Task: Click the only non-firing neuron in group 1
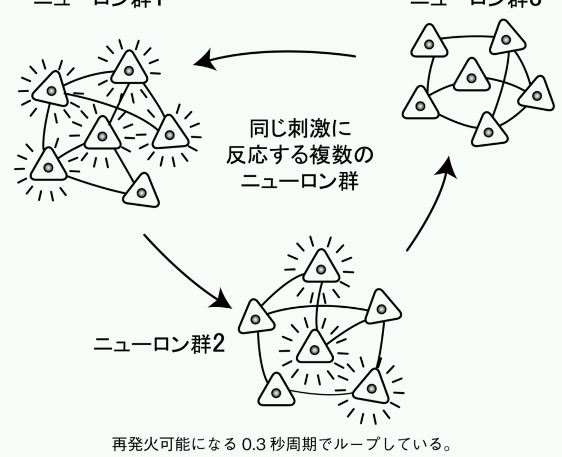[141, 190]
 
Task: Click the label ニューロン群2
[159, 345]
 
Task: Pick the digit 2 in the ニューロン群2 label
[218, 345]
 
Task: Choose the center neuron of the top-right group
[471, 76]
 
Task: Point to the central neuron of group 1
[102, 134]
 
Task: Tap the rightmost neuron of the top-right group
[536, 94]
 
